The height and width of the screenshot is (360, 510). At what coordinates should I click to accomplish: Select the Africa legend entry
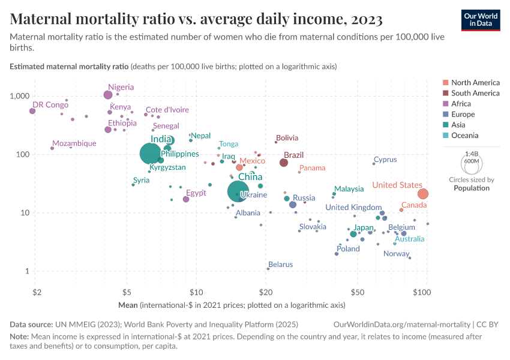click(462, 104)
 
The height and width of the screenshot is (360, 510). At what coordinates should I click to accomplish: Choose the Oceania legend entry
click(465, 136)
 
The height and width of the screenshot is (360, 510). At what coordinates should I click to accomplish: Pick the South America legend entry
click(475, 93)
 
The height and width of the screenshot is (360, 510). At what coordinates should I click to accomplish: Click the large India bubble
click(151, 154)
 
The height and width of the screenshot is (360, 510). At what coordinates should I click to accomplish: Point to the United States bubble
click(423, 194)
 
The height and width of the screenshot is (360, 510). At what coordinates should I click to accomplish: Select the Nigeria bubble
click(108, 95)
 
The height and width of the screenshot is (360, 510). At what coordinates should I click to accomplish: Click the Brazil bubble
click(284, 163)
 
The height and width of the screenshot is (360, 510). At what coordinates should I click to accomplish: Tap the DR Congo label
click(50, 104)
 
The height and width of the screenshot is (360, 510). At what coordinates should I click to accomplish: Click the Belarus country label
click(281, 264)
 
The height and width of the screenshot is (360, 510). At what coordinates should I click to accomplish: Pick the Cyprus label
click(385, 160)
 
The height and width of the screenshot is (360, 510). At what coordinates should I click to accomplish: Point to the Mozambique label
click(74, 143)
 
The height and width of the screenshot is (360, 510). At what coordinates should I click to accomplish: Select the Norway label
click(396, 253)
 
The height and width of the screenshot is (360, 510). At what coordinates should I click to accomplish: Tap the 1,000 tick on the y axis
click(20, 96)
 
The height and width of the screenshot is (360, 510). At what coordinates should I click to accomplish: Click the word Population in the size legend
click(471, 188)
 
